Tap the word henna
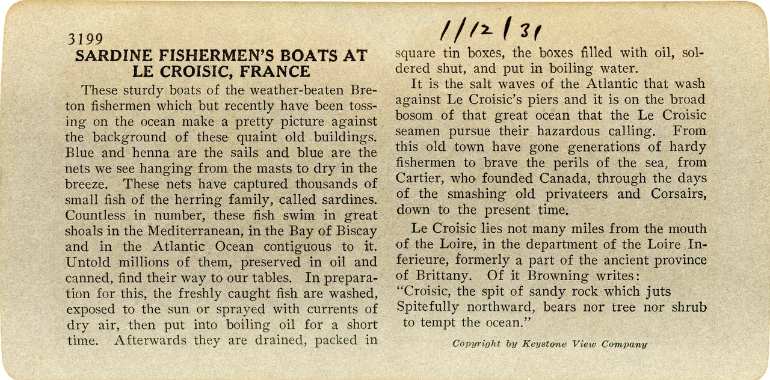tap(146, 153)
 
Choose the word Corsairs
tap(678, 194)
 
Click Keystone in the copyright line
tap(543, 345)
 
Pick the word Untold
tap(88, 262)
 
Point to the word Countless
tap(94, 215)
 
